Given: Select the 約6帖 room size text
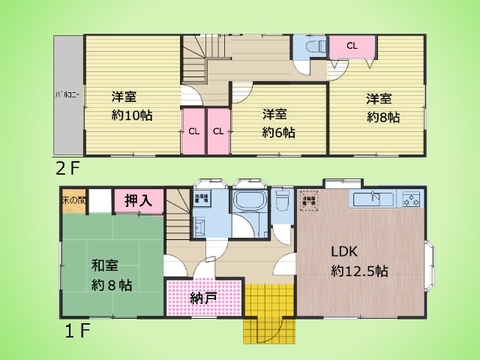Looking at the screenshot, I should click(x=275, y=131).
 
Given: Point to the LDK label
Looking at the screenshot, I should click(x=346, y=251).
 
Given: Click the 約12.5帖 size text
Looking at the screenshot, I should click(x=360, y=271).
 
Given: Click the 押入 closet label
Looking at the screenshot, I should click(x=138, y=201).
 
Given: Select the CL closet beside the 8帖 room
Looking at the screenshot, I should click(x=352, y=46).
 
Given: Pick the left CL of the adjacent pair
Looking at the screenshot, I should click(x=193, y=131).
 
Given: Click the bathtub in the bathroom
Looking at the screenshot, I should click(x=246, y=205).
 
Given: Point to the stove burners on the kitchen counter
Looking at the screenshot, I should click(x=410, y=199).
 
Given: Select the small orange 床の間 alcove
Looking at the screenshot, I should click(x=73, y=198).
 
